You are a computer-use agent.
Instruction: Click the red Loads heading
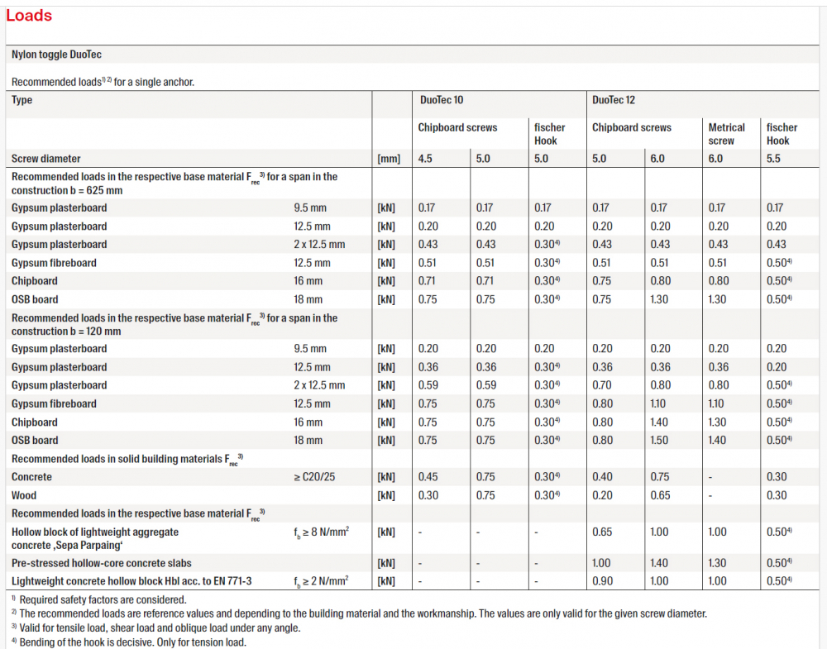pyautogui.click(x=29, y=16)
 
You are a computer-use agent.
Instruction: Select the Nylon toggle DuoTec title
pyautogui.click(x=56, y=55)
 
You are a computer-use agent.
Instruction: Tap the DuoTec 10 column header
pyautogui.click(x=442, y=100)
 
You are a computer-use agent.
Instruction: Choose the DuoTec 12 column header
pyautogui.click(x=614, y=100)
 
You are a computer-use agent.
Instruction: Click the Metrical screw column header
pyautogui.click(x=726, y=134)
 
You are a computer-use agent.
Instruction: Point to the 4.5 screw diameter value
pyautogui.click(x=425, y=159)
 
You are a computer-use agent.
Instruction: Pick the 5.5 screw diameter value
pyautogui.click(x=773, y=159)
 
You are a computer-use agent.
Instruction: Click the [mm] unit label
pyautogui.click(x=389, y=159)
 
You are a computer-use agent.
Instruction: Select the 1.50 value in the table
pyautogui.click(x=659, y=440)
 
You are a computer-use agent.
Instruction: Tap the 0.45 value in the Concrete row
pyautogui.click(x=428, y=476)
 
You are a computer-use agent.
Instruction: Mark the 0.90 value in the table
pyautogui.click(x=602, y=581)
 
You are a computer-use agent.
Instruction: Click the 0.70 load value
pyautogui.click(x=602, y=385)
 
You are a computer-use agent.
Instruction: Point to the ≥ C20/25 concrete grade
pyautogui.click(x=314, y=476)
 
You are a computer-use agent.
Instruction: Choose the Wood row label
pyautogui.click(x=24, y=495)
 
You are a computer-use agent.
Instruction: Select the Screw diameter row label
pyautogui.click(x=45, y=159)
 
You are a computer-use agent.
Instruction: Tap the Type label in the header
pyautogui.click(x=22, y=100)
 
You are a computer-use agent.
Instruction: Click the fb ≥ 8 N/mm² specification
pyautogui.click(x=321, y=532)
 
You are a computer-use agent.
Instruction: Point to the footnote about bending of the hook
pyautogui.click(x=129, y=642)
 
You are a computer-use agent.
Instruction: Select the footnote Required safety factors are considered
pyautogui.click(x=99, y=600)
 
